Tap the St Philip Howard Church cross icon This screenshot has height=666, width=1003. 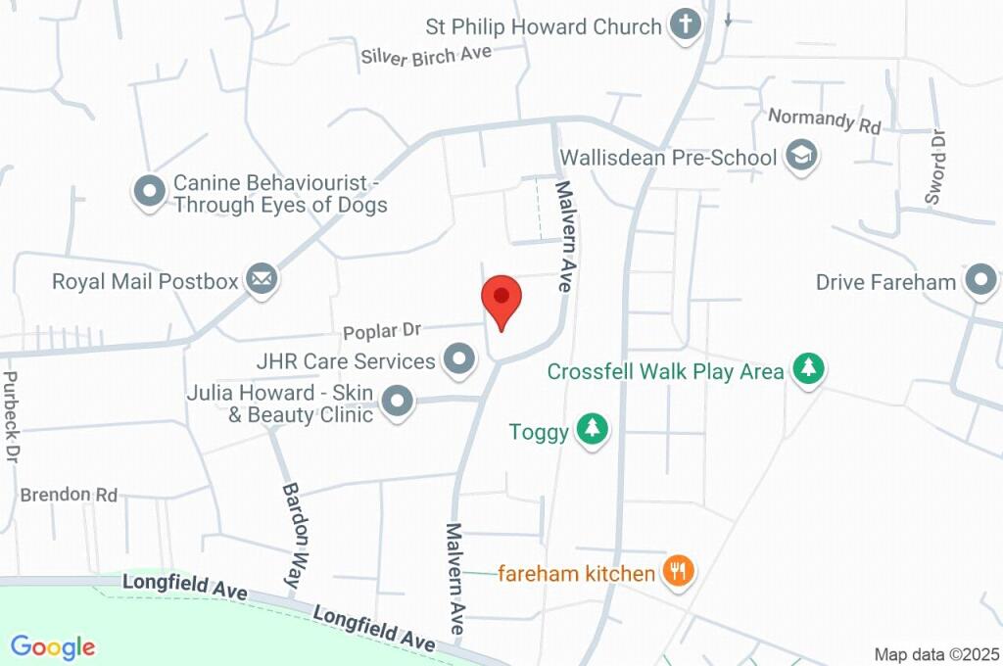(x=686, y=25)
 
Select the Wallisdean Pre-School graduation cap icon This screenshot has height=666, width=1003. (x=801, y=156)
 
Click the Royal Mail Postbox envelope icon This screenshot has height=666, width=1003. (x=262, y=281)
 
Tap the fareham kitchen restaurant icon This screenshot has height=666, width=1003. (x=678, y=572)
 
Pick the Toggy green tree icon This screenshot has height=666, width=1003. (x=592, y=431)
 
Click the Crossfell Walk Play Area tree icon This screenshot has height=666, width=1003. (x=808, y=370)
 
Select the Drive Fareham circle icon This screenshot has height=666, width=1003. (x=979, y=282)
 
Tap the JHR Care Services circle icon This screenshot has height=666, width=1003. (x=458, y=360)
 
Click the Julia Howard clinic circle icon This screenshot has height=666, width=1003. (x=397, y=402)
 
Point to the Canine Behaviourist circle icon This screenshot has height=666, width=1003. (x=150, y=192)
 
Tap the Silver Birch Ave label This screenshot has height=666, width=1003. (x=426, y=55)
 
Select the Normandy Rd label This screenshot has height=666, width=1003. (x=825, y=120)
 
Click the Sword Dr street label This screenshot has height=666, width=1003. (x=937, y=166)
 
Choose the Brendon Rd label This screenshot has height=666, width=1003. (x=69, y=495)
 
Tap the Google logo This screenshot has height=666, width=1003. (x=53, y=646)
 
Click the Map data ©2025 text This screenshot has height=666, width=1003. (x=935, y=654)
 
